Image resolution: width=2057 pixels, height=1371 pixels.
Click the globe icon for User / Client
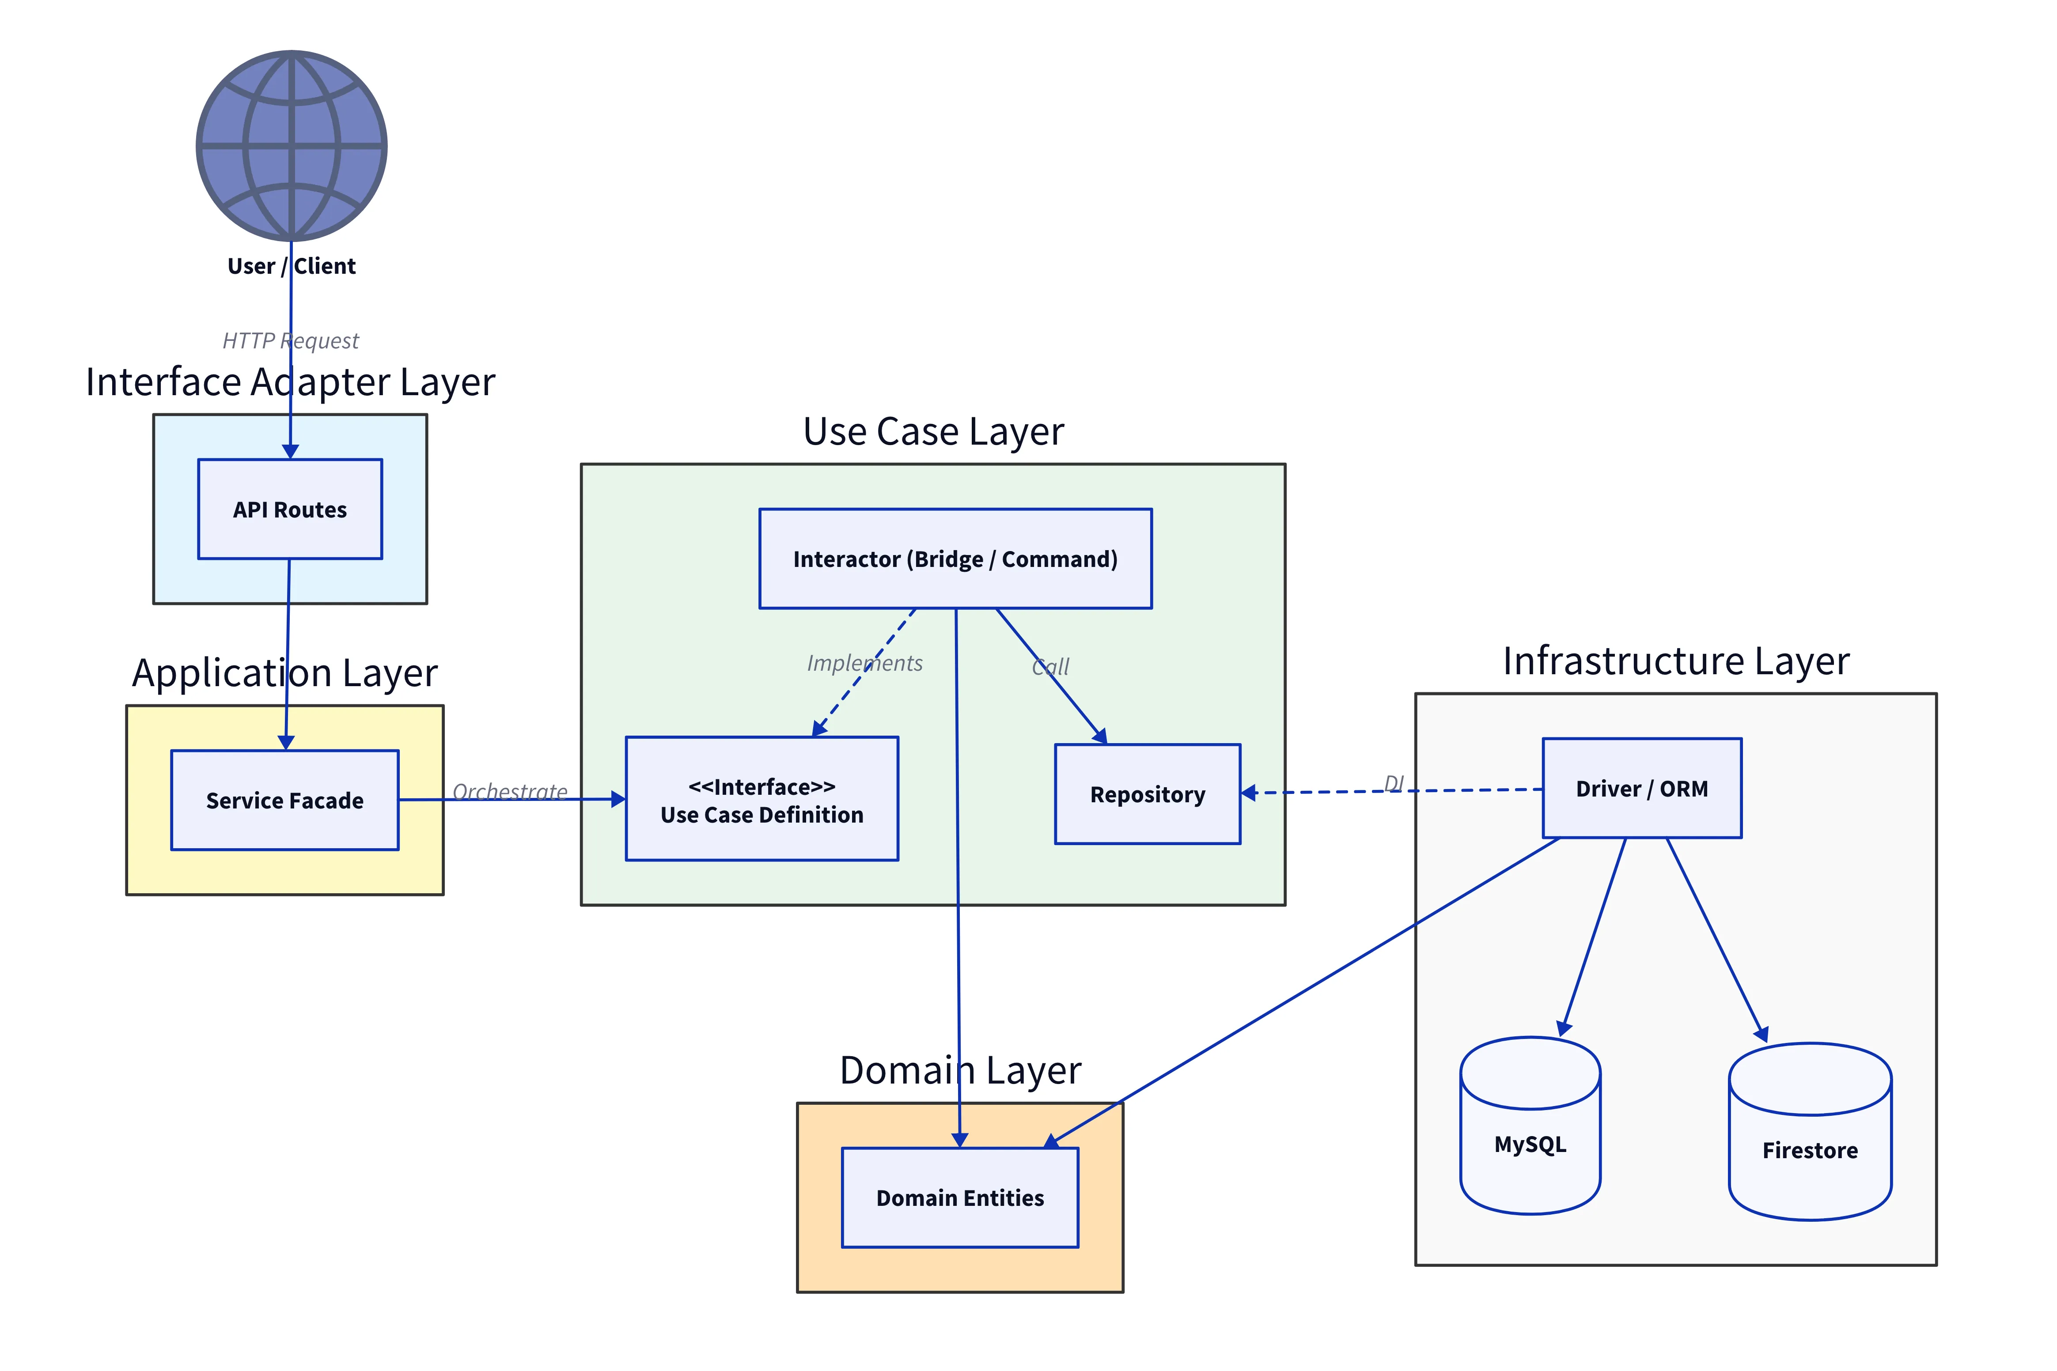click(x=291, y=145)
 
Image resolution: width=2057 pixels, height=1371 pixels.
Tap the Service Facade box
click(x=284, y=800)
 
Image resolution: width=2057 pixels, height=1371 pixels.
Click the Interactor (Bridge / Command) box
click(x=955, y=559)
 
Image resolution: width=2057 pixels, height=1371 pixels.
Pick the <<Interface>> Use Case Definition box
click(x=762, y=799)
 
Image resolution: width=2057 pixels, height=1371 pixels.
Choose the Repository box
click(x=1148, y=794)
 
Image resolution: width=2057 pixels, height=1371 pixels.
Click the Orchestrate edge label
click(x=510, y=791)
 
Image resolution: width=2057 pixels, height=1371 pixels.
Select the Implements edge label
click(x=864, y=663)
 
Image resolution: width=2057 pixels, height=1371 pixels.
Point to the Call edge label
click(x=1050, y=666)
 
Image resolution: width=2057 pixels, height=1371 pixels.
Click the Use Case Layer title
click(x=933, y=431)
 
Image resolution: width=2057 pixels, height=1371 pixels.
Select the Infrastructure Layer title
click(x=1676, y=660)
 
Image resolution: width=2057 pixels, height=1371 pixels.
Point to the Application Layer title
click(x=284, y=672)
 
